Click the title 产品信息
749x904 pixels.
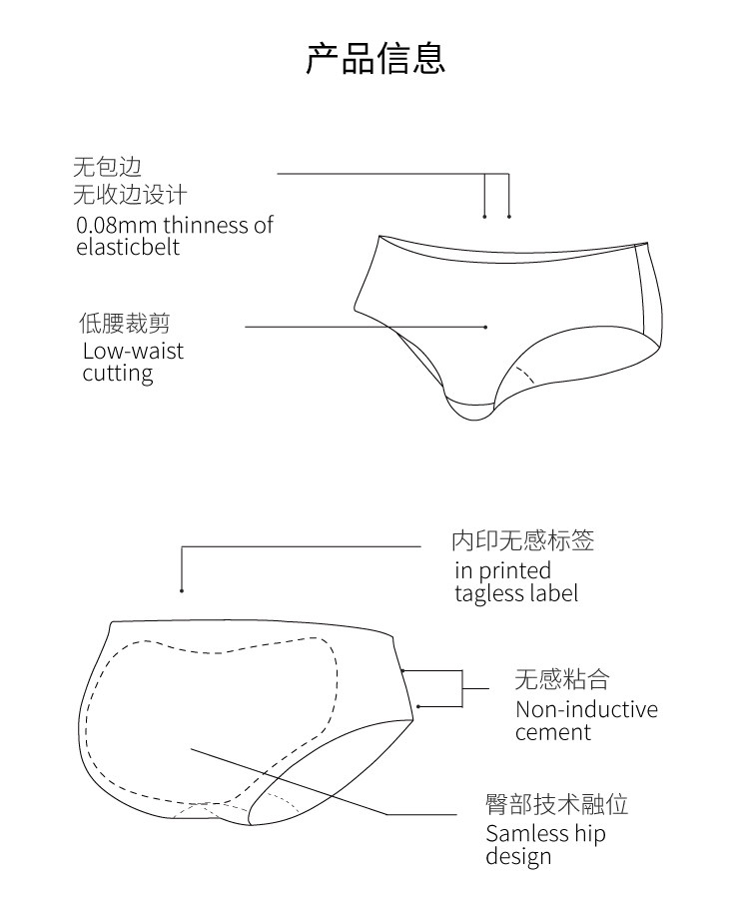(374, 58)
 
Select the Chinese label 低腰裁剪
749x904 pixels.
(124, 324)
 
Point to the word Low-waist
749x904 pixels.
(133, 351)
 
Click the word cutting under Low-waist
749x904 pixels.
(118, 374)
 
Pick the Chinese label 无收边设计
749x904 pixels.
(129, 194)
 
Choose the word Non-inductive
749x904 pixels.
(586, 710)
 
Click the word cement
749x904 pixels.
(553, 732)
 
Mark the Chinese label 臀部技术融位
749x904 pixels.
(556, 805)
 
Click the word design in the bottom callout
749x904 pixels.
(518, 857)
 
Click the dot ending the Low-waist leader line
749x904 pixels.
(485, 327)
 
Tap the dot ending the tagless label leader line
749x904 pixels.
(182, 589)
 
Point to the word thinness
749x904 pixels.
(205, 225)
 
